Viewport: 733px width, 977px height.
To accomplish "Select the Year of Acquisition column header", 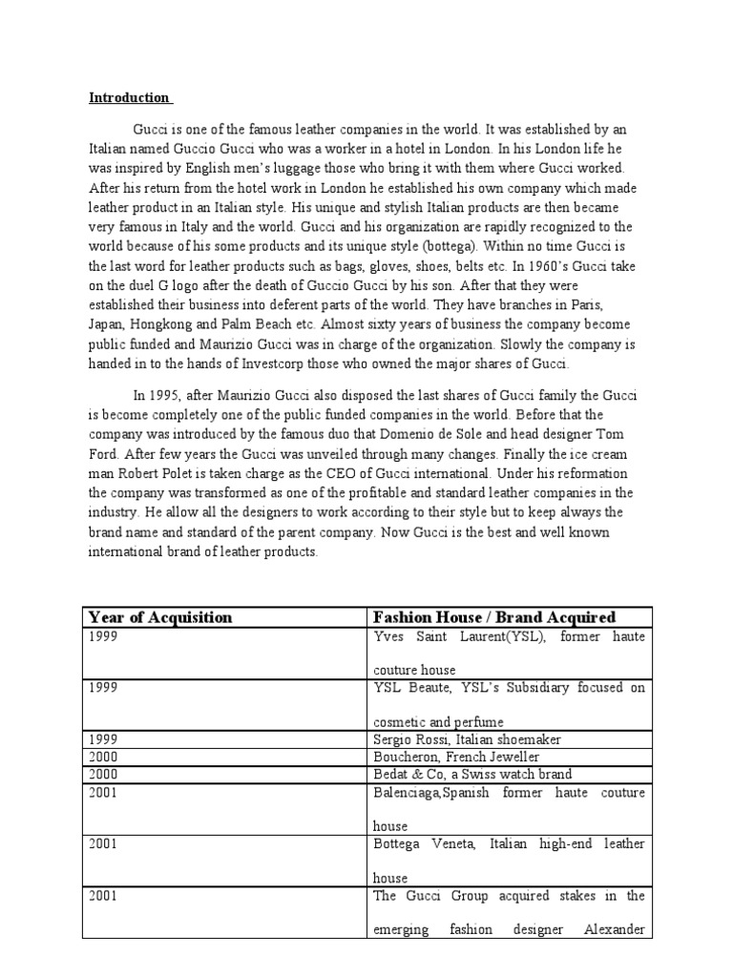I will (159, 617).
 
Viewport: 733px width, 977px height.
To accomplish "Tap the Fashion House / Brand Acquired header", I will (494, 617).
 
